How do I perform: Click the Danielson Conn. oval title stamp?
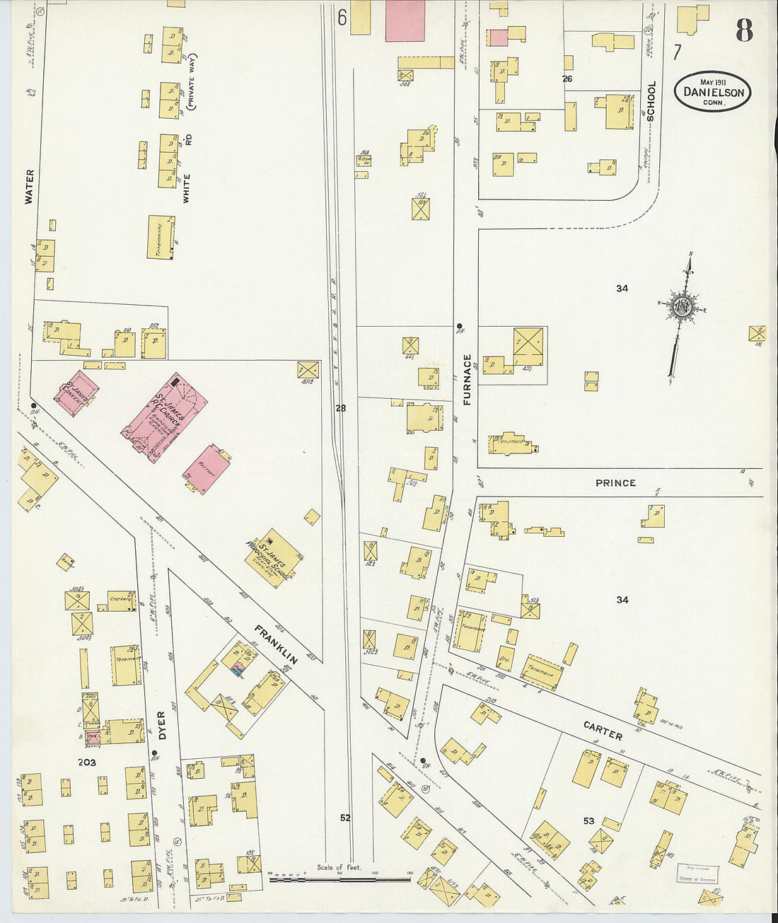(712, 92)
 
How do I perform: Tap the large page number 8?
(743, 30)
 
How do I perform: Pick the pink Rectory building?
(207, 469)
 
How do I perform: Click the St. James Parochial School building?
(274, 558)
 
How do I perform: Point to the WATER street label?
(29, 187)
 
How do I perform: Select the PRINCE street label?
(615, 483)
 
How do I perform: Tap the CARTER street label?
(603, 731)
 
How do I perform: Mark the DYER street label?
(162, 726)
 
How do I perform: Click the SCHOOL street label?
(651, 101)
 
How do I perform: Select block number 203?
(87, 762)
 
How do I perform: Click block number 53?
(588, 821)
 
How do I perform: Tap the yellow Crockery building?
(121, 600)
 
